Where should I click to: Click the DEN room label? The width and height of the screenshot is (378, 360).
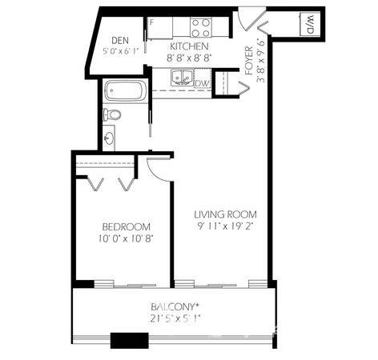coord(120,41)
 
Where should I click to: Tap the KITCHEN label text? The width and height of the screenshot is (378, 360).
coord(189,46)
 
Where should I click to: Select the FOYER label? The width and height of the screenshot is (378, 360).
coord(249,61)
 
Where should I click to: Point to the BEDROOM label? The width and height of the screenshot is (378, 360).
coord(126,227)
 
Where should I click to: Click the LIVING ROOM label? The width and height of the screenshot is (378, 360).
coord(225,214)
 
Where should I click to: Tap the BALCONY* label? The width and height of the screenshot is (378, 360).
coord(175,306)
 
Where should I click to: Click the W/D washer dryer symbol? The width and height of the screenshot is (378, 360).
coord(310,24)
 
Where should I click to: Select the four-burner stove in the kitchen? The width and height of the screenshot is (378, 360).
coord(201,28)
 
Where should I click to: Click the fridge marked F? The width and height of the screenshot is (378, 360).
coord(159,28)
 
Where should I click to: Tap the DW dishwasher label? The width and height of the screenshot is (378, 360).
coord(203,84)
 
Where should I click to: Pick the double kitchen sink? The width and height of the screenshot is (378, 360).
coord(183,78)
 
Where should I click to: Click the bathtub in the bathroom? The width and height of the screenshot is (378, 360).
coord(125,90)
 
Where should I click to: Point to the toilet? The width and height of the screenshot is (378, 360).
coord(112,114)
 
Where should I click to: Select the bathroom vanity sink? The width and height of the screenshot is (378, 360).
coord(109,138)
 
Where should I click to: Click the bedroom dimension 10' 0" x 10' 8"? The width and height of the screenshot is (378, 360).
coord(125,238)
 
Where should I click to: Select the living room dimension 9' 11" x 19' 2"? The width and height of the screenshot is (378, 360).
coord(225,226)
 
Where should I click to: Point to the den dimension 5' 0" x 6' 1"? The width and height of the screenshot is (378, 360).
coord(120,51)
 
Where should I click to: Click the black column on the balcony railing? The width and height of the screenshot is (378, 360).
coord(130,340)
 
